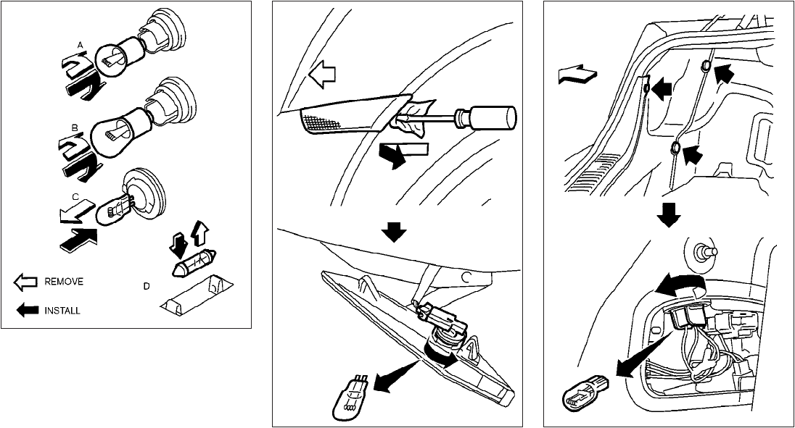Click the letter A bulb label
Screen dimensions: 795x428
click(x=81, y=45)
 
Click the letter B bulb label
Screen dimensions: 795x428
click(x=74, y=127)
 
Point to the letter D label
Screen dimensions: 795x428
click(x=147, y=287)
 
